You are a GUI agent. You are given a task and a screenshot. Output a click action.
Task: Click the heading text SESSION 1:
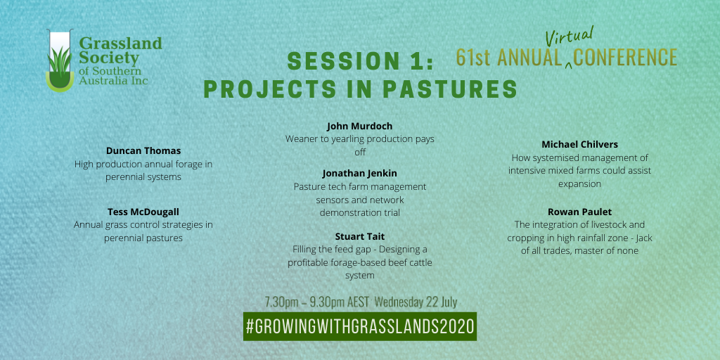click(360, 62)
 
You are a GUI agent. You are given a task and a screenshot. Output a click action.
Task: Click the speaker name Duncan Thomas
click(143, 150)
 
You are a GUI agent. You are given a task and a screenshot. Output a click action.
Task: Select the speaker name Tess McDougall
click(143, 211)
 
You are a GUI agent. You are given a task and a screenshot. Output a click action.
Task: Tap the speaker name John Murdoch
click(360, 126)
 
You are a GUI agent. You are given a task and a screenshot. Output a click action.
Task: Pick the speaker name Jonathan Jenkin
click(360, 173)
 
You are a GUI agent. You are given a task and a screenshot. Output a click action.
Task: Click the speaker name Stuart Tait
click(360, 236)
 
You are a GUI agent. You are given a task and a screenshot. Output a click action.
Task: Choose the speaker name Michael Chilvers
click(579, 144)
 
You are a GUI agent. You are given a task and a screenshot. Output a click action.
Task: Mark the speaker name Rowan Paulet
click(579, 212)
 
